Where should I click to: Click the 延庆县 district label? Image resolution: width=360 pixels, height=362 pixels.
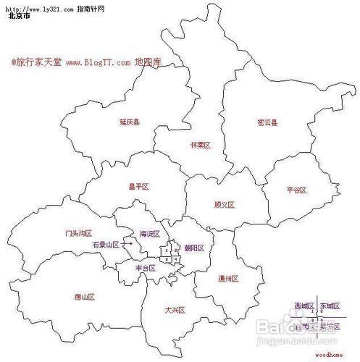point(130,123)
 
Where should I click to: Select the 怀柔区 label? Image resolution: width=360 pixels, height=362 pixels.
point(200,145)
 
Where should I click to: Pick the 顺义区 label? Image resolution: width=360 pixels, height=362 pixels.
point(225,205)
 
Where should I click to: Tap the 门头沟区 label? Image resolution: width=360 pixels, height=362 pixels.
point(78,233)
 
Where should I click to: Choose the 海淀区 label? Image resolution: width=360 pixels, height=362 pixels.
point(149,234)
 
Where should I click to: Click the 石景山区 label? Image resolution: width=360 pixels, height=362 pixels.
point(105,245)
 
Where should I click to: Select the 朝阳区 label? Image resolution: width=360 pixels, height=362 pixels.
point(194,248)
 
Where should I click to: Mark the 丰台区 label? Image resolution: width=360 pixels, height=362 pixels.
point(146,268)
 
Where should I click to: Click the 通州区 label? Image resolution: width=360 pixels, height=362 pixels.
point(228,278)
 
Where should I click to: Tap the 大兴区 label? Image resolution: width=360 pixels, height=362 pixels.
point(175,310)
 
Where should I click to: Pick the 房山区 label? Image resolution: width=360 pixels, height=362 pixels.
point(85,297)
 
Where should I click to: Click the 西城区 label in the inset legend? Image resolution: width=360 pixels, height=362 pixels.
point(304,307)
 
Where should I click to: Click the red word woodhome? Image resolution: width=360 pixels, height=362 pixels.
point(330,355)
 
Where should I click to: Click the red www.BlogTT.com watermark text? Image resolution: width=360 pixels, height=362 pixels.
point(98,63)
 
